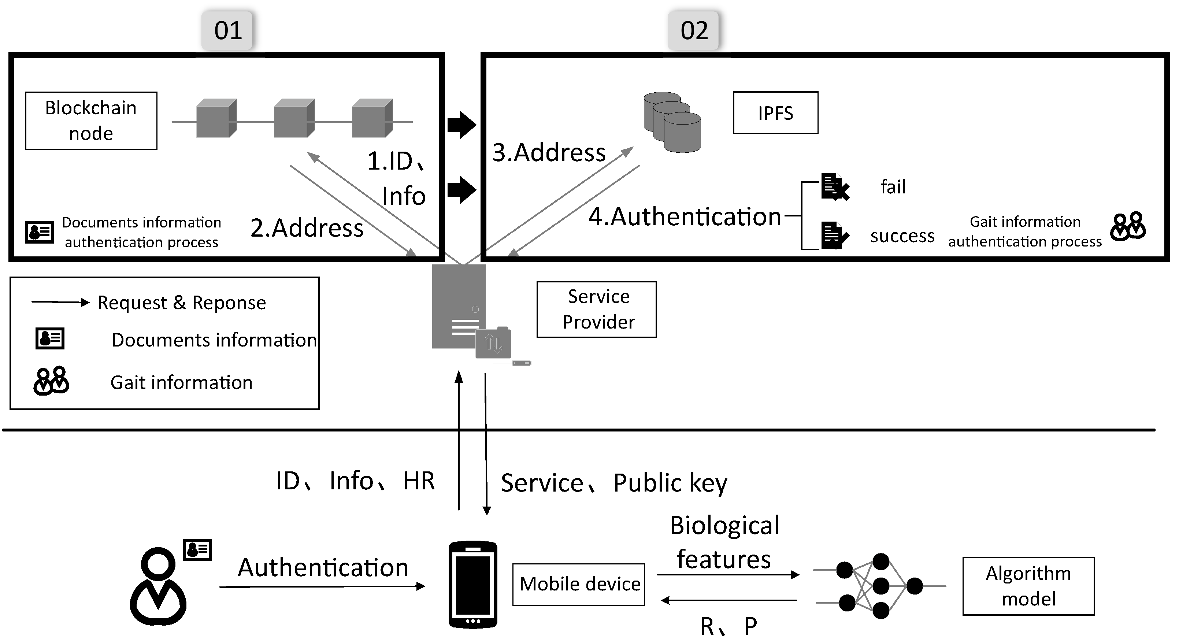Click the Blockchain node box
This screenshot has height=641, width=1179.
91,121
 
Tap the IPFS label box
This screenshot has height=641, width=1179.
775,113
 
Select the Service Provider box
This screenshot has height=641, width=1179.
596,310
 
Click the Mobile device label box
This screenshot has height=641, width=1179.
579,585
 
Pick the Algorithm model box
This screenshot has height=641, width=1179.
1028,586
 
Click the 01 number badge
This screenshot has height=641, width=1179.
227,31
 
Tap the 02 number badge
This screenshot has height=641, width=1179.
694,31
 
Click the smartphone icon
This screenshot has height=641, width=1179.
473,585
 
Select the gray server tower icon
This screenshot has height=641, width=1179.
459,307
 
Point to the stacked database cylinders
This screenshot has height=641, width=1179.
672,122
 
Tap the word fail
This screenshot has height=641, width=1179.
893,187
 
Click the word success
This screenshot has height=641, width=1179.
902,236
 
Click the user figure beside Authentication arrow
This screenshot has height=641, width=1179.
158,586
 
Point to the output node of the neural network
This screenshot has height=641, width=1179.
915,586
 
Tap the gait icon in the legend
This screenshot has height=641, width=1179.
51,381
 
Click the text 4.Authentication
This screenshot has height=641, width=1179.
685,216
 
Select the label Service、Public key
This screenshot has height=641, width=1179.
613,483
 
